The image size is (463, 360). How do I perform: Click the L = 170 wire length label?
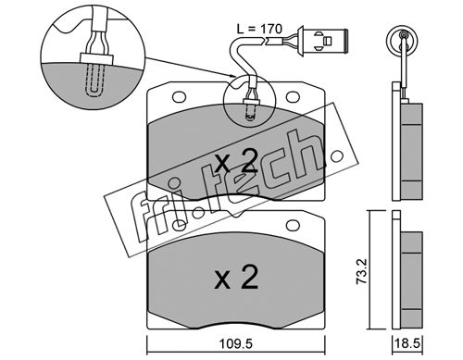pos(259,29)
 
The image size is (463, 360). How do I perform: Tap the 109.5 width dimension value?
pos(236,343)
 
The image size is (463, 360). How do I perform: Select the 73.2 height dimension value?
pos(361,271)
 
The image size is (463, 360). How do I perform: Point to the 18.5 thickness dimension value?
pos(408,343)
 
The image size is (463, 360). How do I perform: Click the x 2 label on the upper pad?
pos(236,160)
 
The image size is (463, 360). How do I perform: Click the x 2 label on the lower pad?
pos(236,277)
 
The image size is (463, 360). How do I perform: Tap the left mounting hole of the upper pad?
pos(179,97)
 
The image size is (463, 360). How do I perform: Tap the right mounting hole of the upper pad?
pos(293,97)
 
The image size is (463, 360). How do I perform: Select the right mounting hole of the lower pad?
pos(293,226)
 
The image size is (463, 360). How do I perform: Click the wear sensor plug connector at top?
pos(323,41)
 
